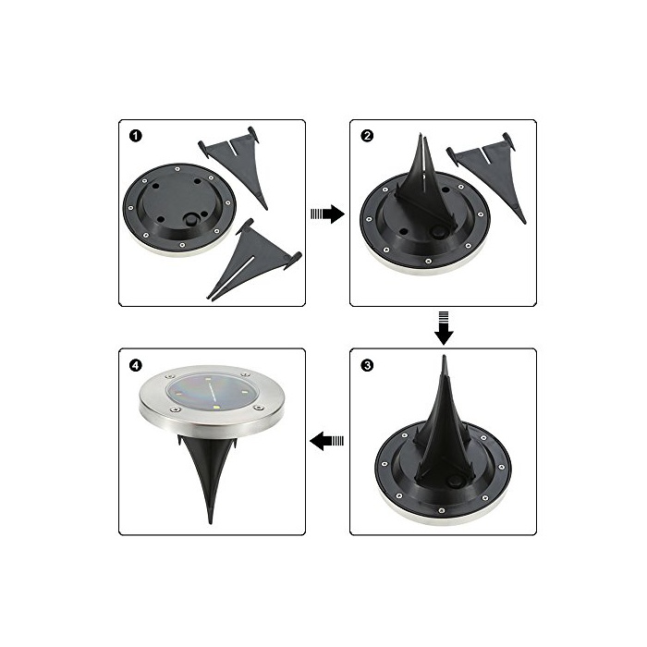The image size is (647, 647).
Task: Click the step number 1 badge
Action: (135, 136)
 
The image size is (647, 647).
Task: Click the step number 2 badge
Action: (367, 136)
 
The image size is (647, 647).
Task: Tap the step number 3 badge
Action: (367, 366)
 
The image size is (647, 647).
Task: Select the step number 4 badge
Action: (135, 366)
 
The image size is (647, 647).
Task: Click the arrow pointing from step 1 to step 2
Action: (327, 214)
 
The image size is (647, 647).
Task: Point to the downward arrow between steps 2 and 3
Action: (444, 328)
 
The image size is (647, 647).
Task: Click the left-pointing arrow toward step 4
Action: (327, 441)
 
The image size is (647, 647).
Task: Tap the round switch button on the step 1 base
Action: (191, 220)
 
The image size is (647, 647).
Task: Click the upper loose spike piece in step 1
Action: (234, 165)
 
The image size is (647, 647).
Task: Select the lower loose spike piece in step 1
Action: (251, 260)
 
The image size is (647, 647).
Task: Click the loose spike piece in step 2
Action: (486, 174)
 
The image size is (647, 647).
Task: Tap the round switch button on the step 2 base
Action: (436, 232)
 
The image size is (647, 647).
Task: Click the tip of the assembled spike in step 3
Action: (444, 356)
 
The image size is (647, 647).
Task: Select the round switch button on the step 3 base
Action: (455, 482)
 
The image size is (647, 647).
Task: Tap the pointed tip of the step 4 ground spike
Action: (211, 523)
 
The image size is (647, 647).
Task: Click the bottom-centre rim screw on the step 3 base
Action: (442, 510)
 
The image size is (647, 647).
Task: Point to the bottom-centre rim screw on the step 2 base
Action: (428, 262)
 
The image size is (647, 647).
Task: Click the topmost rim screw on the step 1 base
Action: (177, 169)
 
